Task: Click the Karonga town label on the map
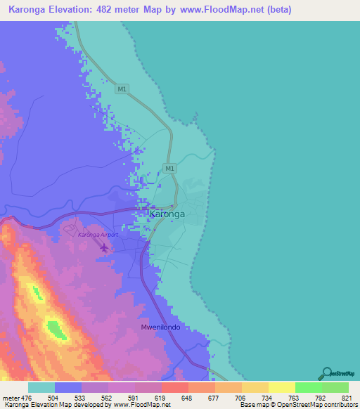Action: (x=167, y=215)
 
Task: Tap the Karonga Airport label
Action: (x=98, y=235)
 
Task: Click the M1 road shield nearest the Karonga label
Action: (x=169, y=169)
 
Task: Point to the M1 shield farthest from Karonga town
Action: (x=122, y=89)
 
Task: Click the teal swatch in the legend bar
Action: (x=41, y=387)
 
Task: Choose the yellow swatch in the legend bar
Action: (x=281, y=387)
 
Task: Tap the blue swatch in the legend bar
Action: (x=68, y=387)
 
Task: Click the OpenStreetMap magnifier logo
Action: (x=326, y=372)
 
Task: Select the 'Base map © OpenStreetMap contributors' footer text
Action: (x=297, y=405)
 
